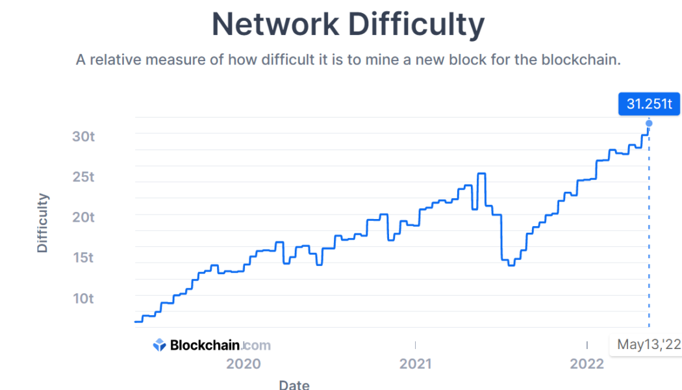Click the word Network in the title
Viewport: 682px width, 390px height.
click(275, 25)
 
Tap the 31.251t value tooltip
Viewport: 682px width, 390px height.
click(649, 103)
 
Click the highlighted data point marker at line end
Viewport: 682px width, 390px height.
click(649, 123)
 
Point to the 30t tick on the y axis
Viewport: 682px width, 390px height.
click(83, 136)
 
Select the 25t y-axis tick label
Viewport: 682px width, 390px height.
click(83, 177)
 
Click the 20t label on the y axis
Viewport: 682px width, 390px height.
click(83, 217)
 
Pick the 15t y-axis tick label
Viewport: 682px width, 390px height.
click(83, 257)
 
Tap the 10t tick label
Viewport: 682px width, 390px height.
click(83, 298)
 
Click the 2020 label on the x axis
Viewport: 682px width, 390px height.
click(244, 363)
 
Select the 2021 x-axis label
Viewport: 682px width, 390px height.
click(416, 363)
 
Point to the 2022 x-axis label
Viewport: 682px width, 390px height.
click(587, 363)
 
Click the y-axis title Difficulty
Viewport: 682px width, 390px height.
click(42, 222)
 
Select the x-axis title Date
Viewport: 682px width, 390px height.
click(294, 384)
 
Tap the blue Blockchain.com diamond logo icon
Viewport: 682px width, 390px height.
click(160, 345)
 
